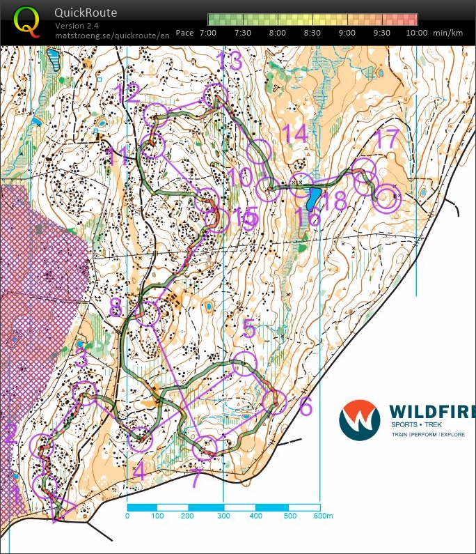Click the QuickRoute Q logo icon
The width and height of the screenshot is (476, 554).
pyautogui.click(x=26, y=21)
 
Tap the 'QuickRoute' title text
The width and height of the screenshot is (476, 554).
pyautogui.click(x=86, y=13)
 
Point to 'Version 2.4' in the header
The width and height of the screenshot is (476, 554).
pyautogui.click(x=78, y=26)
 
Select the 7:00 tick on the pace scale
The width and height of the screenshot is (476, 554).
pyautogui.click(x=208, y=33)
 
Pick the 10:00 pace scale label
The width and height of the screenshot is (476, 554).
pyautogui.click(x=416, y=33)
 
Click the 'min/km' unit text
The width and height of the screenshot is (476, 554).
pyautogui.click(x=448, y=33)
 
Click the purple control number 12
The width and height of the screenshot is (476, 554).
pyautogui.click(x=128, y=93)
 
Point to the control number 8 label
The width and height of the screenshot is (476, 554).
pyautogui.click(x=116, y=306)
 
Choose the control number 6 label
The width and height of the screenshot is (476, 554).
pyautogui.click(x=306, y=407)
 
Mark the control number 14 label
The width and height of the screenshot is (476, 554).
pyautogui.click(x=295, y=134)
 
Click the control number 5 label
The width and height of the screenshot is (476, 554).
pyautogui.click(x=249, y=328)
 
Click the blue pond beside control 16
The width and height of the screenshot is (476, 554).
pyautogui.click(x=312, y=199)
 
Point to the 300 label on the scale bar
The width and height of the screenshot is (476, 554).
pyautogui.click(x=223, y=516)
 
